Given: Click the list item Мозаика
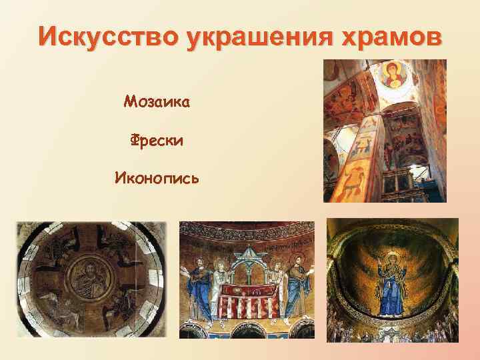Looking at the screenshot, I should click(157, 102).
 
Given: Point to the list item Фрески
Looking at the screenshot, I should click(157, 141).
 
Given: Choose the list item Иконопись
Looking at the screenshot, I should click(157, 178).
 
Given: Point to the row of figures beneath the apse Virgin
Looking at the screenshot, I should click(393, 331).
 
